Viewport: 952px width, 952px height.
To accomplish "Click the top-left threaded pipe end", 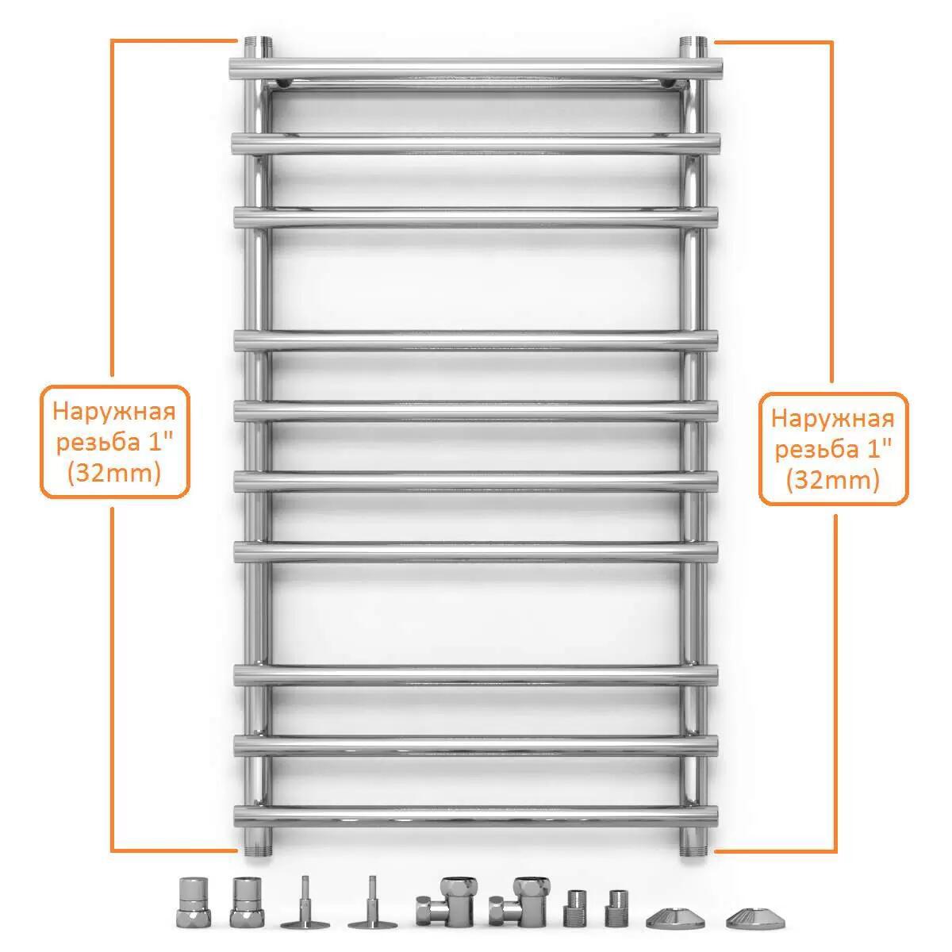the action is click(x=257, y=47).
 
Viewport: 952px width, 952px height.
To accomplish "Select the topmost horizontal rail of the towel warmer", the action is click(x=476, y=69).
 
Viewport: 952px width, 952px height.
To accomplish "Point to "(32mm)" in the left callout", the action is click(x=114, y=474).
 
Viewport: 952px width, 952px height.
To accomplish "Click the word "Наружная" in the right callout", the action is click(x=833, y=418).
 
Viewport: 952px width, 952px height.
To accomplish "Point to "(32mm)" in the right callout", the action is click(x=833, y=480).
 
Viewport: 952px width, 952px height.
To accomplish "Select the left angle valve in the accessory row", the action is click(x=447, y=901).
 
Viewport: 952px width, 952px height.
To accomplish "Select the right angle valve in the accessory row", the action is click(x=519, y=901).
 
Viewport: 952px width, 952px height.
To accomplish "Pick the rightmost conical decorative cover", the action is click(x=755, y=918).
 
